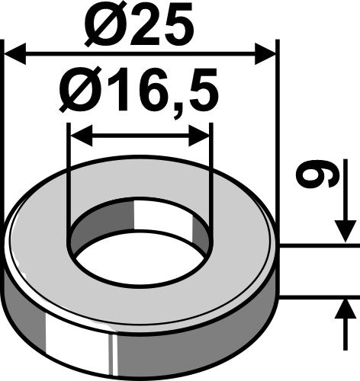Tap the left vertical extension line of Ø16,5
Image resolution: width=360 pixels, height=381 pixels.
click(x=69, y=175)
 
